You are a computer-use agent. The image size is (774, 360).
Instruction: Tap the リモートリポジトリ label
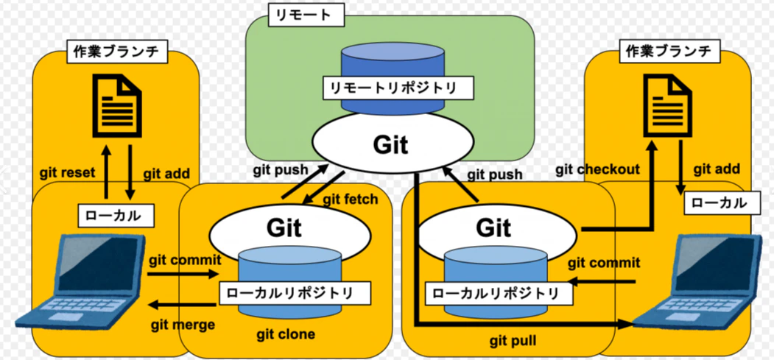393,88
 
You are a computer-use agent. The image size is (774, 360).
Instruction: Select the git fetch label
350,200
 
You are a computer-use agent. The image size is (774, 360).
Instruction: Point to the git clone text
286,334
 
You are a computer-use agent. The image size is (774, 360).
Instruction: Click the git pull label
513,341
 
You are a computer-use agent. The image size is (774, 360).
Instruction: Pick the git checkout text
597,170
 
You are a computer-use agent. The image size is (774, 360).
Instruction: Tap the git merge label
183,325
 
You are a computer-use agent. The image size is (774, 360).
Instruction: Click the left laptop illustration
81,282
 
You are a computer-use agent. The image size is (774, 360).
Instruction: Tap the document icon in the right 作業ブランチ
666,105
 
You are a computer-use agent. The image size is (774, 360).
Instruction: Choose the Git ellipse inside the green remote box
390,144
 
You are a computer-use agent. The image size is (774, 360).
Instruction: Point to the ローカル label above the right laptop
721,203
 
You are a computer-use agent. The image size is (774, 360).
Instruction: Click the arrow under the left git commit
183,272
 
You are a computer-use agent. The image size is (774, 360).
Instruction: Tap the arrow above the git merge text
183,306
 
